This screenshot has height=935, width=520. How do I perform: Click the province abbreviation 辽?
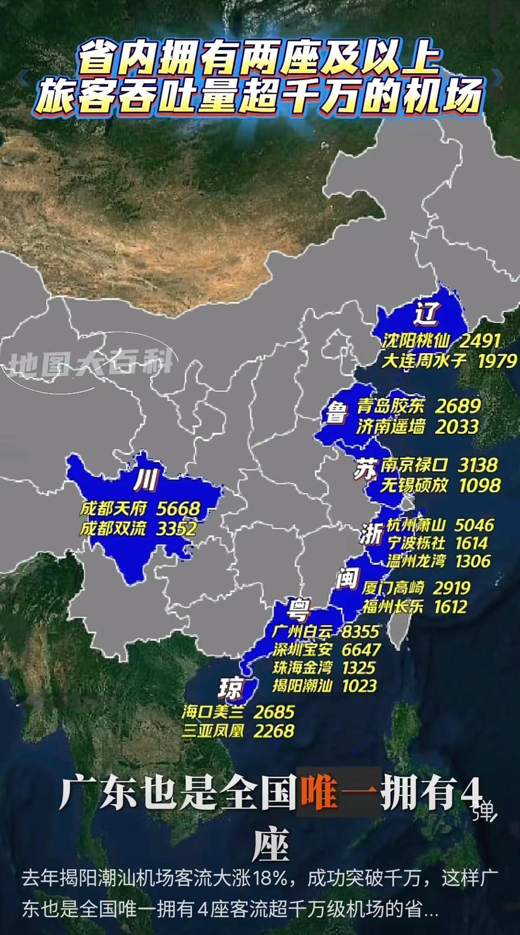point(427,313)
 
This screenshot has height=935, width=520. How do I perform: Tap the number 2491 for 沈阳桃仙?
point(479,341)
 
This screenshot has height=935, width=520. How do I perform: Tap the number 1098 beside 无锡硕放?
point(480,485)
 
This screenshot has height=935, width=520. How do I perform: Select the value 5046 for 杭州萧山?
point(474,525)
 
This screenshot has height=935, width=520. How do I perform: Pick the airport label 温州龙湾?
point(416,561)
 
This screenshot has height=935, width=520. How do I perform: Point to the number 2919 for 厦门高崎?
point(451,587)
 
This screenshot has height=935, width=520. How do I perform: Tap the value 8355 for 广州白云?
point(360,631)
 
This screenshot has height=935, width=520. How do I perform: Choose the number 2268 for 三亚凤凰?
point(274,731)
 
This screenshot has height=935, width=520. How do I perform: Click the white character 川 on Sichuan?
point(145,481)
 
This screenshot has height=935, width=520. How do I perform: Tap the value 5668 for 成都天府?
point(179,508)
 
